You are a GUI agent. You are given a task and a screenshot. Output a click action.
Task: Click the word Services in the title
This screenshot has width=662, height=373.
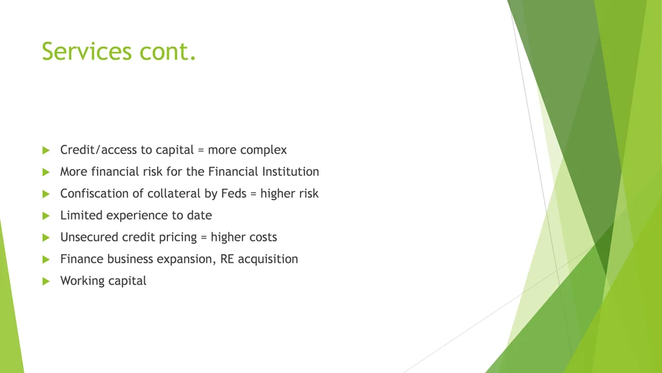coord(87,51)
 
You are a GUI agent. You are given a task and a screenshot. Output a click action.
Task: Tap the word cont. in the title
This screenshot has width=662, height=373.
coord(167,52)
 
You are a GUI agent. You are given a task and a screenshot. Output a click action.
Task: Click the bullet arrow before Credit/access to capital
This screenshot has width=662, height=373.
coord(46,150)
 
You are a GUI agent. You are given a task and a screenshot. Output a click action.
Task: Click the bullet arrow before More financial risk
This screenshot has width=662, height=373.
coord(46,172)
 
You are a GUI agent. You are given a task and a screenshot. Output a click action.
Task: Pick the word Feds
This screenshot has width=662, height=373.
coord(233,193)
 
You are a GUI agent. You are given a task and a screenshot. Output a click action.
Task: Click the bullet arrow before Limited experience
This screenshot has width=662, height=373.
coord(46,216)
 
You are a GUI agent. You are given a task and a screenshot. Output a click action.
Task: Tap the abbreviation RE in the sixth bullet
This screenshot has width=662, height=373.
coord(227,259)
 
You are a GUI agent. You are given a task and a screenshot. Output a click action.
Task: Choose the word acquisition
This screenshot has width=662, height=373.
coord(268,259)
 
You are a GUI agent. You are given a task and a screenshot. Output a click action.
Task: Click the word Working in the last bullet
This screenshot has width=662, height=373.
coord(83,281)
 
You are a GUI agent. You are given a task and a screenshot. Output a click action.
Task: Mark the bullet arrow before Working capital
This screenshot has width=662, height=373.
coord(46,281)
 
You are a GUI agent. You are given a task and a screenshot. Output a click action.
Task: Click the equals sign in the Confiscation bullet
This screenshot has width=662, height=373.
coord(253,194)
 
